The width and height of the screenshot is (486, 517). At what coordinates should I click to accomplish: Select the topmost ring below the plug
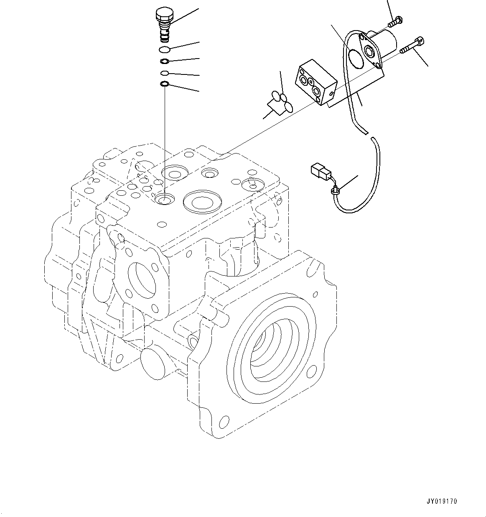165,50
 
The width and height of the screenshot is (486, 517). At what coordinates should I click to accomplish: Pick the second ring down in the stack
165,62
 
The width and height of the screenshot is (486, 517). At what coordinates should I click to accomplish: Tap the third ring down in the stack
165,74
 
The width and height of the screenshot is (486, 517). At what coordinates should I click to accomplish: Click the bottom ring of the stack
165,85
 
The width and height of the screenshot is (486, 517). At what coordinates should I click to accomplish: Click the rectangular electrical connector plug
319,171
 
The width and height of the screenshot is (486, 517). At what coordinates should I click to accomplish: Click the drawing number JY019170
442,501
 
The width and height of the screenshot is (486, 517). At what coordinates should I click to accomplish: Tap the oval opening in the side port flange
142,279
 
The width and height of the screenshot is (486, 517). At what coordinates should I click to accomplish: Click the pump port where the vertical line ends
164,200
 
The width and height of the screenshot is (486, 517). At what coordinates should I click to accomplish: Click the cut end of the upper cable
366,133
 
